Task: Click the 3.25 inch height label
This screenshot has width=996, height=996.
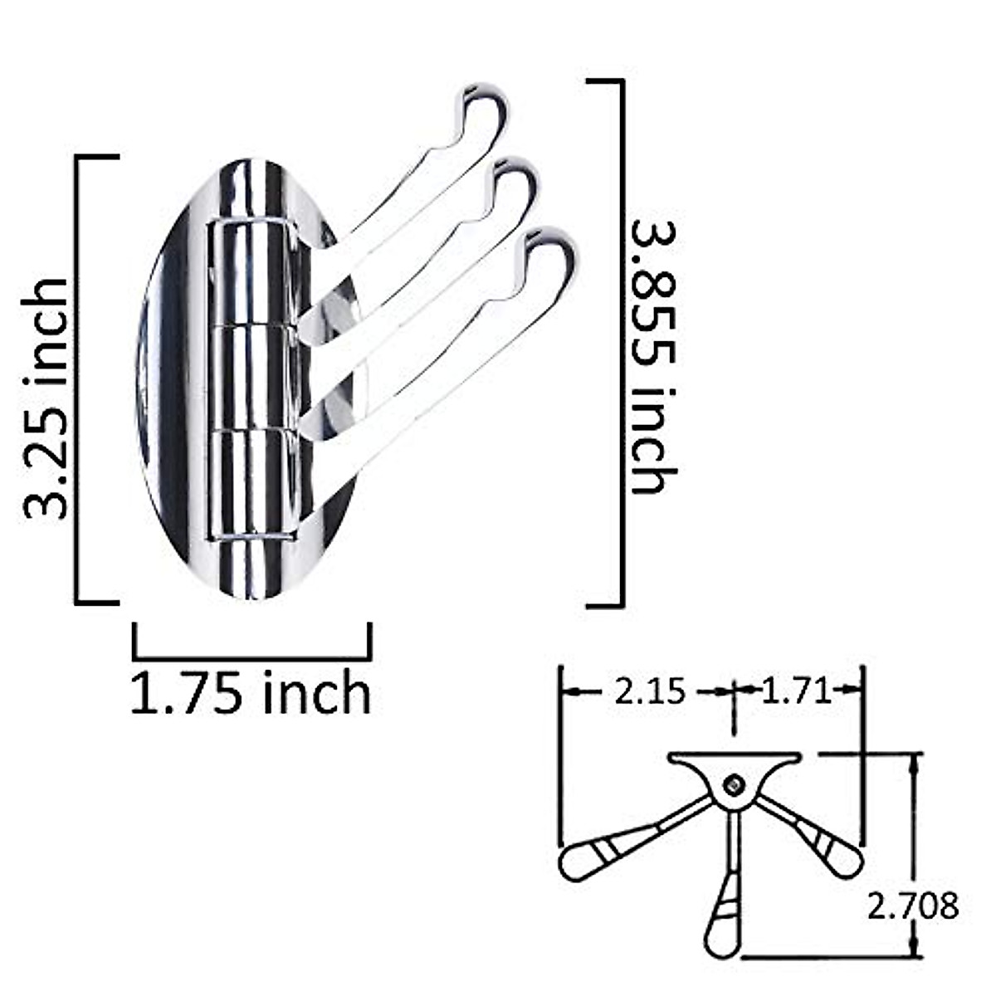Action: [x=46, y=398]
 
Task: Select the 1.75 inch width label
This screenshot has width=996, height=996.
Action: [x=251, y=693]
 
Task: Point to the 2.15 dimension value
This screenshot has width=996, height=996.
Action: [x=650, y=691]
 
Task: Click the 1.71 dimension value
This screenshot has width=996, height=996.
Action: [x=796, y=691]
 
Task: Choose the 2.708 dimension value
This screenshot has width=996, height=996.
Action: [x=912, y=906]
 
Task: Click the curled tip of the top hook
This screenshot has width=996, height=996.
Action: [x=486, y=104]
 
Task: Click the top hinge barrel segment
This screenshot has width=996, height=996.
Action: [x=249, y=274]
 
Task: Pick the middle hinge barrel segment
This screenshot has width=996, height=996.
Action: [x=249, y=378]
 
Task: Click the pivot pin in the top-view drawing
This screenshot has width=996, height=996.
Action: [x=733, y=783]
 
